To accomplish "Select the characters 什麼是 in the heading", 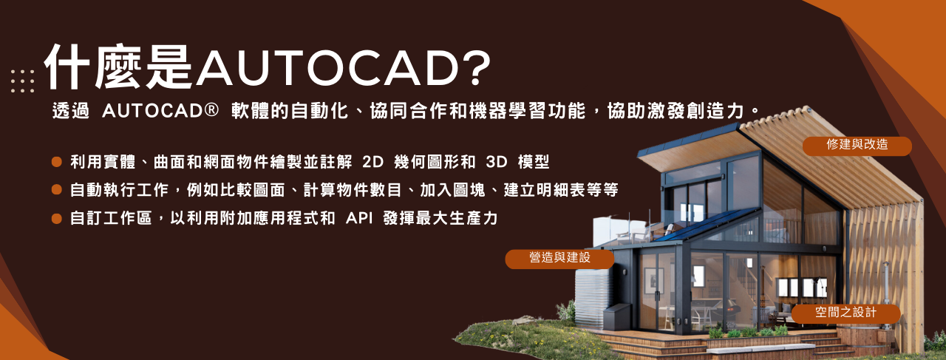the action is [x=119, y=67].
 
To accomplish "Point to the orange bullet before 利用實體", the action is [x=57, y=162].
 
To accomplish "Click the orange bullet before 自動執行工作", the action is [x=57, y=190].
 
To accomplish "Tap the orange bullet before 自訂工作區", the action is [x=57, y=218].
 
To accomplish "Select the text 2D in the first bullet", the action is [x=372, y=162].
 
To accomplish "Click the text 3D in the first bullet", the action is [x=496, y=162].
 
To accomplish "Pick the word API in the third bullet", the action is [x=359, y=219].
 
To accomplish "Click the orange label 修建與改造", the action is [x=857, y=146].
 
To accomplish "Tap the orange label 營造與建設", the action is [x=559, y=258].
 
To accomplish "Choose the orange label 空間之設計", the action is [x=845, y=313].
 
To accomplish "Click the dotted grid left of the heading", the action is [x=22, y=81].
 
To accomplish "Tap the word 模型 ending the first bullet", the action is [x=534, y=162].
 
